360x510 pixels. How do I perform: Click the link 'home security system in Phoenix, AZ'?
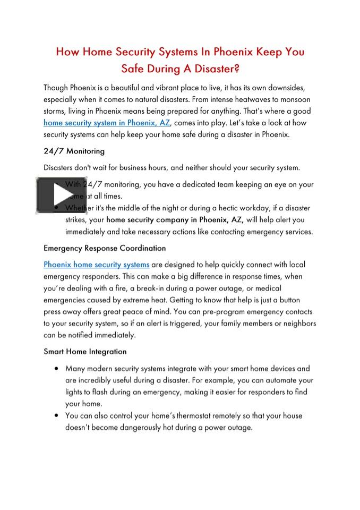pos(107,123)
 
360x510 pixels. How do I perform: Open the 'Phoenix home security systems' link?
pos(96,265)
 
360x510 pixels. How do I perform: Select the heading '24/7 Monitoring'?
pos(74,151)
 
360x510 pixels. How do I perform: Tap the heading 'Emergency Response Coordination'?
pos(105,248)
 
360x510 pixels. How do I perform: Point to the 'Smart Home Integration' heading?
pos(85,351)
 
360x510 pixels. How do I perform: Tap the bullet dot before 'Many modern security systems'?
pos(56,368)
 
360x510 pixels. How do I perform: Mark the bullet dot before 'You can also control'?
pos(56,415)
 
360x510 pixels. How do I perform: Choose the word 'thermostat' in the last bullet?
pos(176,415)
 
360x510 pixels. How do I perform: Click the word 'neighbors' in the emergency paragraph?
pos(296,323)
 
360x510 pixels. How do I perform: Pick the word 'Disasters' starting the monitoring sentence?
pos(60,168)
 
